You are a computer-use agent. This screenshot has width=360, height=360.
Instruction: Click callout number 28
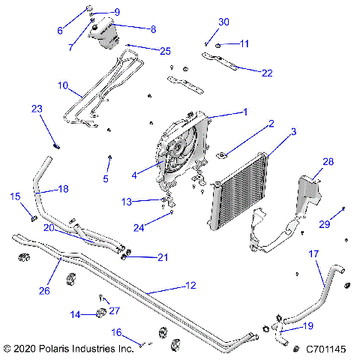pos(328,161)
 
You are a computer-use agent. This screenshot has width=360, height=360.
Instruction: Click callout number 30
pos(223,22)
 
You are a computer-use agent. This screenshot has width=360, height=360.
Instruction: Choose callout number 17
pos(315,253)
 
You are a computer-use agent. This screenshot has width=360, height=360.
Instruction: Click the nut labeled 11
pos(218,46)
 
